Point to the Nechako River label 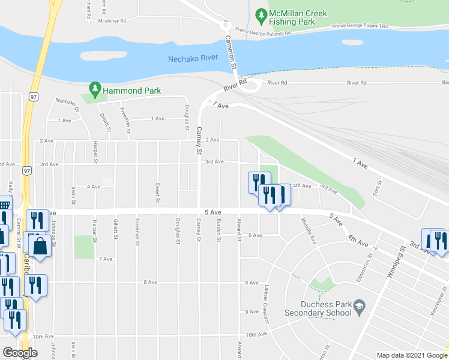(x=192, y=58)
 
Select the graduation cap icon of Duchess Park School (x=359, y=307)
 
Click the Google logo (x=20, y=353)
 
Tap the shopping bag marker (x=40, y=247)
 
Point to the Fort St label (x=379, y=185)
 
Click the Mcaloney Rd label (x=112, y=21)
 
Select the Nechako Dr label (x=67, y=105)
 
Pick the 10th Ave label (x=255, y=334)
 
